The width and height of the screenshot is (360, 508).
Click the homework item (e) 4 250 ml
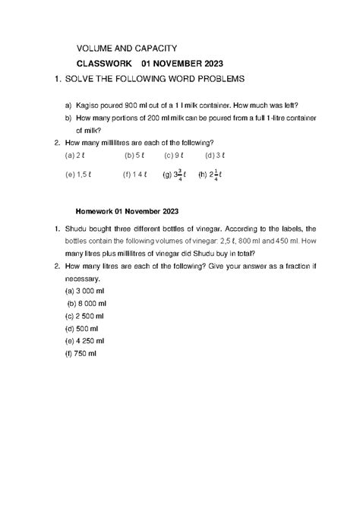point(89,341)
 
